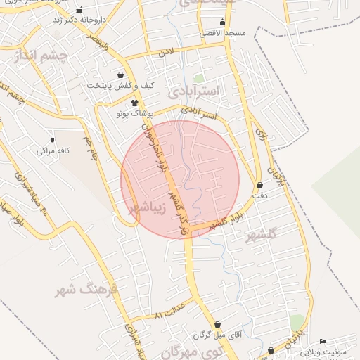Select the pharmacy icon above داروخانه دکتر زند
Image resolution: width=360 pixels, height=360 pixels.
pyautogui.click(x=79, y=11)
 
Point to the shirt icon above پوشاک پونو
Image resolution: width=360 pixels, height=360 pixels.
pyautogui.click(x=134, y=103)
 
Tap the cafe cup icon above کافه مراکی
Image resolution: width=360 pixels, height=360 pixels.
pyautogui.click(x=53, y=141)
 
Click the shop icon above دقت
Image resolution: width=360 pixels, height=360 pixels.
pyautogui.click(x=259, y=186)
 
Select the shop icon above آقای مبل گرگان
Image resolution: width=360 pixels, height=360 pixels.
pyautogui.click(x=217, y=325)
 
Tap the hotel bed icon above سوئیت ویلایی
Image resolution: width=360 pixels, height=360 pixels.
pyautogui.click(x=323, y=342)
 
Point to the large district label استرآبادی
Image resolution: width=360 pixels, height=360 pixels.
pyautogui.click(x=193, y=91)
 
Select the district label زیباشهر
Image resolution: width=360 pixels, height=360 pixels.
pyautogui.click(x=148, y=208)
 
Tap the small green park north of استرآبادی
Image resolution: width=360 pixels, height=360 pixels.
pyautogui.click(x=199, y=78)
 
